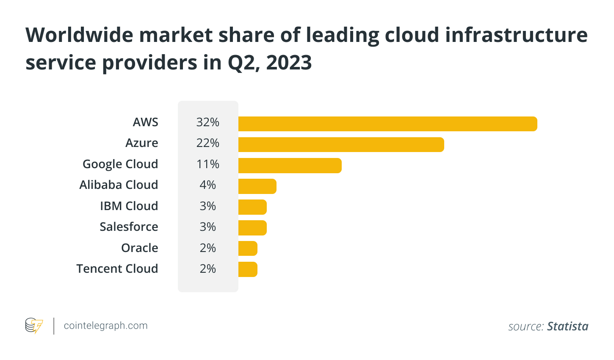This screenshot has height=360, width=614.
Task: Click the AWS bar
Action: [387, 124]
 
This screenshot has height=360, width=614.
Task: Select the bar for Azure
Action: [341, 144]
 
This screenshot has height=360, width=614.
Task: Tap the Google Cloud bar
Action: [290, 166]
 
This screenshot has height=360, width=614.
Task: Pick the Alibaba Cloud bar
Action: [257, 186]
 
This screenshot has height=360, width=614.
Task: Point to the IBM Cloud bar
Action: [252, 207]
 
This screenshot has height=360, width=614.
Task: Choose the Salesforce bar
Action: [252, 228]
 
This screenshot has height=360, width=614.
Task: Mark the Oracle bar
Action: [248, 249]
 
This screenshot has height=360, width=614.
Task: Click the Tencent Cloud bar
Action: [248, 269]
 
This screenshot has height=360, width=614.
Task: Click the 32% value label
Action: [208, 122]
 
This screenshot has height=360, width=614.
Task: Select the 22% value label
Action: [208, 143]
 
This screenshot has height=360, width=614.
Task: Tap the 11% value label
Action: [208, 164]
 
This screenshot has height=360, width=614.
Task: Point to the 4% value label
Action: [208, 185]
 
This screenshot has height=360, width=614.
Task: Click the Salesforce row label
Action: [129, 227]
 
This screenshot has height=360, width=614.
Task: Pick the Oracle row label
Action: [139, 248]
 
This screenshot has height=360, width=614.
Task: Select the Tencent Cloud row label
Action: [117, 269]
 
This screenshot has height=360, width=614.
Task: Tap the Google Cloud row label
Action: [120, 164]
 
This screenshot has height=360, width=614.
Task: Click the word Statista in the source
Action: [567, 326]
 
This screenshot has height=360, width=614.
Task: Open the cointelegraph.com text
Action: [105, 326]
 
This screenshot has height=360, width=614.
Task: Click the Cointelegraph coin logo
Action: [34, 326]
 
